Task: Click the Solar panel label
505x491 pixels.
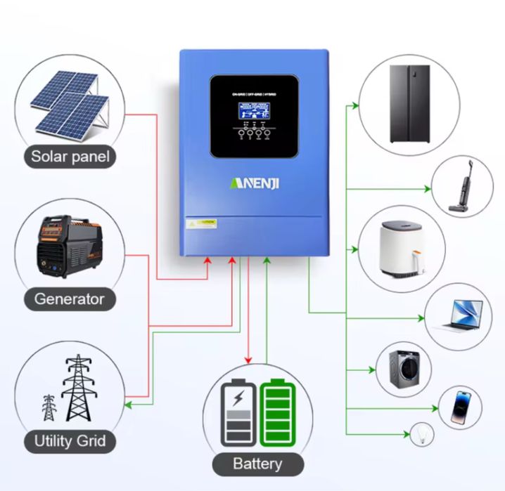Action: [70, 156]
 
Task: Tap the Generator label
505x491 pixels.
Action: [69, 299]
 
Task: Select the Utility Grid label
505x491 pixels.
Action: [70, 441]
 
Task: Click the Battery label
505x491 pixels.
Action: [257, 464]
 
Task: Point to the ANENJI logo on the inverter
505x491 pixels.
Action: [255, 183]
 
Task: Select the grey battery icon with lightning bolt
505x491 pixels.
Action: [238, 414]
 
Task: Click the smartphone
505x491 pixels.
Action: [461, 406]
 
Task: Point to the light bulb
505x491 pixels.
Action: [421, 431]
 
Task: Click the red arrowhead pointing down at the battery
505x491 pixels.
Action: [248, 360]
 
